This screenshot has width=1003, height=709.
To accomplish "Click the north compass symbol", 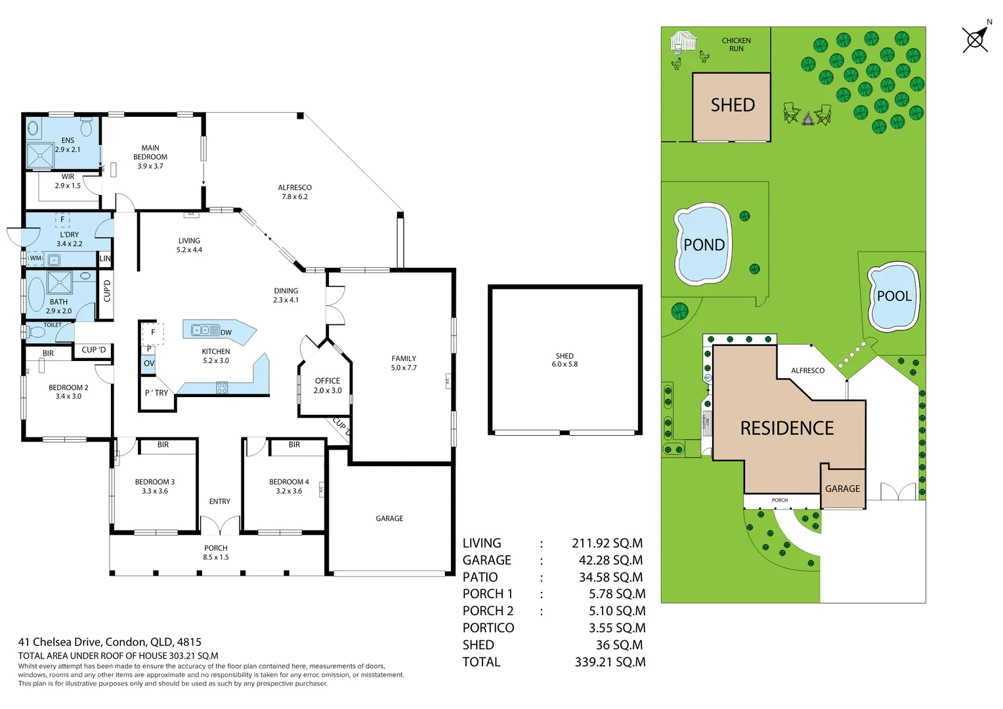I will click(x=975, y=39).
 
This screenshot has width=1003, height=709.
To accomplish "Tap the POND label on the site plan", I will click(x=704, y=245).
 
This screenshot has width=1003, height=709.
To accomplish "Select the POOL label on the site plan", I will click(x=894, y=296).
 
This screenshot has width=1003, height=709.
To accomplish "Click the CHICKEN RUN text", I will click(x=736, y=45).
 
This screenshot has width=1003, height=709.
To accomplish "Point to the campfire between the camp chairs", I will click(x=807, y=119).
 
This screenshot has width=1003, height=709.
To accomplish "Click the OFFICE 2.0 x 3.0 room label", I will click(x=328, y=385).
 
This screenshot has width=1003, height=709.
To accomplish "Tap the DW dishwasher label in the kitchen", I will click(x=226, y=332).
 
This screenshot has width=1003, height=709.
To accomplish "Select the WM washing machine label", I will click(x=35, y=258).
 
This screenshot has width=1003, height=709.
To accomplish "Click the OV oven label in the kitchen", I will click(x=149, y=363).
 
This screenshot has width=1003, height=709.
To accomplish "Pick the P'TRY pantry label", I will click(x=156, y=393).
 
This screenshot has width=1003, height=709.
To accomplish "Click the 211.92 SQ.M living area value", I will click(x=607, y=543).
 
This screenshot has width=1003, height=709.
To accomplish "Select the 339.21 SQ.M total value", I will click(x=609, y=662).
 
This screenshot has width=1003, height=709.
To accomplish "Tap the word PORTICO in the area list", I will click(x=488, y=628).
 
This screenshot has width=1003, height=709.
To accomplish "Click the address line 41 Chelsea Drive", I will click(x=110, y=642).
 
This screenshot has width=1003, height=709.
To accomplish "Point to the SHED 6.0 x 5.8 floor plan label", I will click(x=565, y=360).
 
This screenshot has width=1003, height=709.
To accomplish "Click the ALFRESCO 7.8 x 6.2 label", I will click(x=295, y=192).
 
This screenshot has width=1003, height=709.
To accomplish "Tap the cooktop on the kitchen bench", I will click(x=222, y=388).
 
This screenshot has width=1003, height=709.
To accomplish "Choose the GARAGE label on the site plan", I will click(x=842, y=488).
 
